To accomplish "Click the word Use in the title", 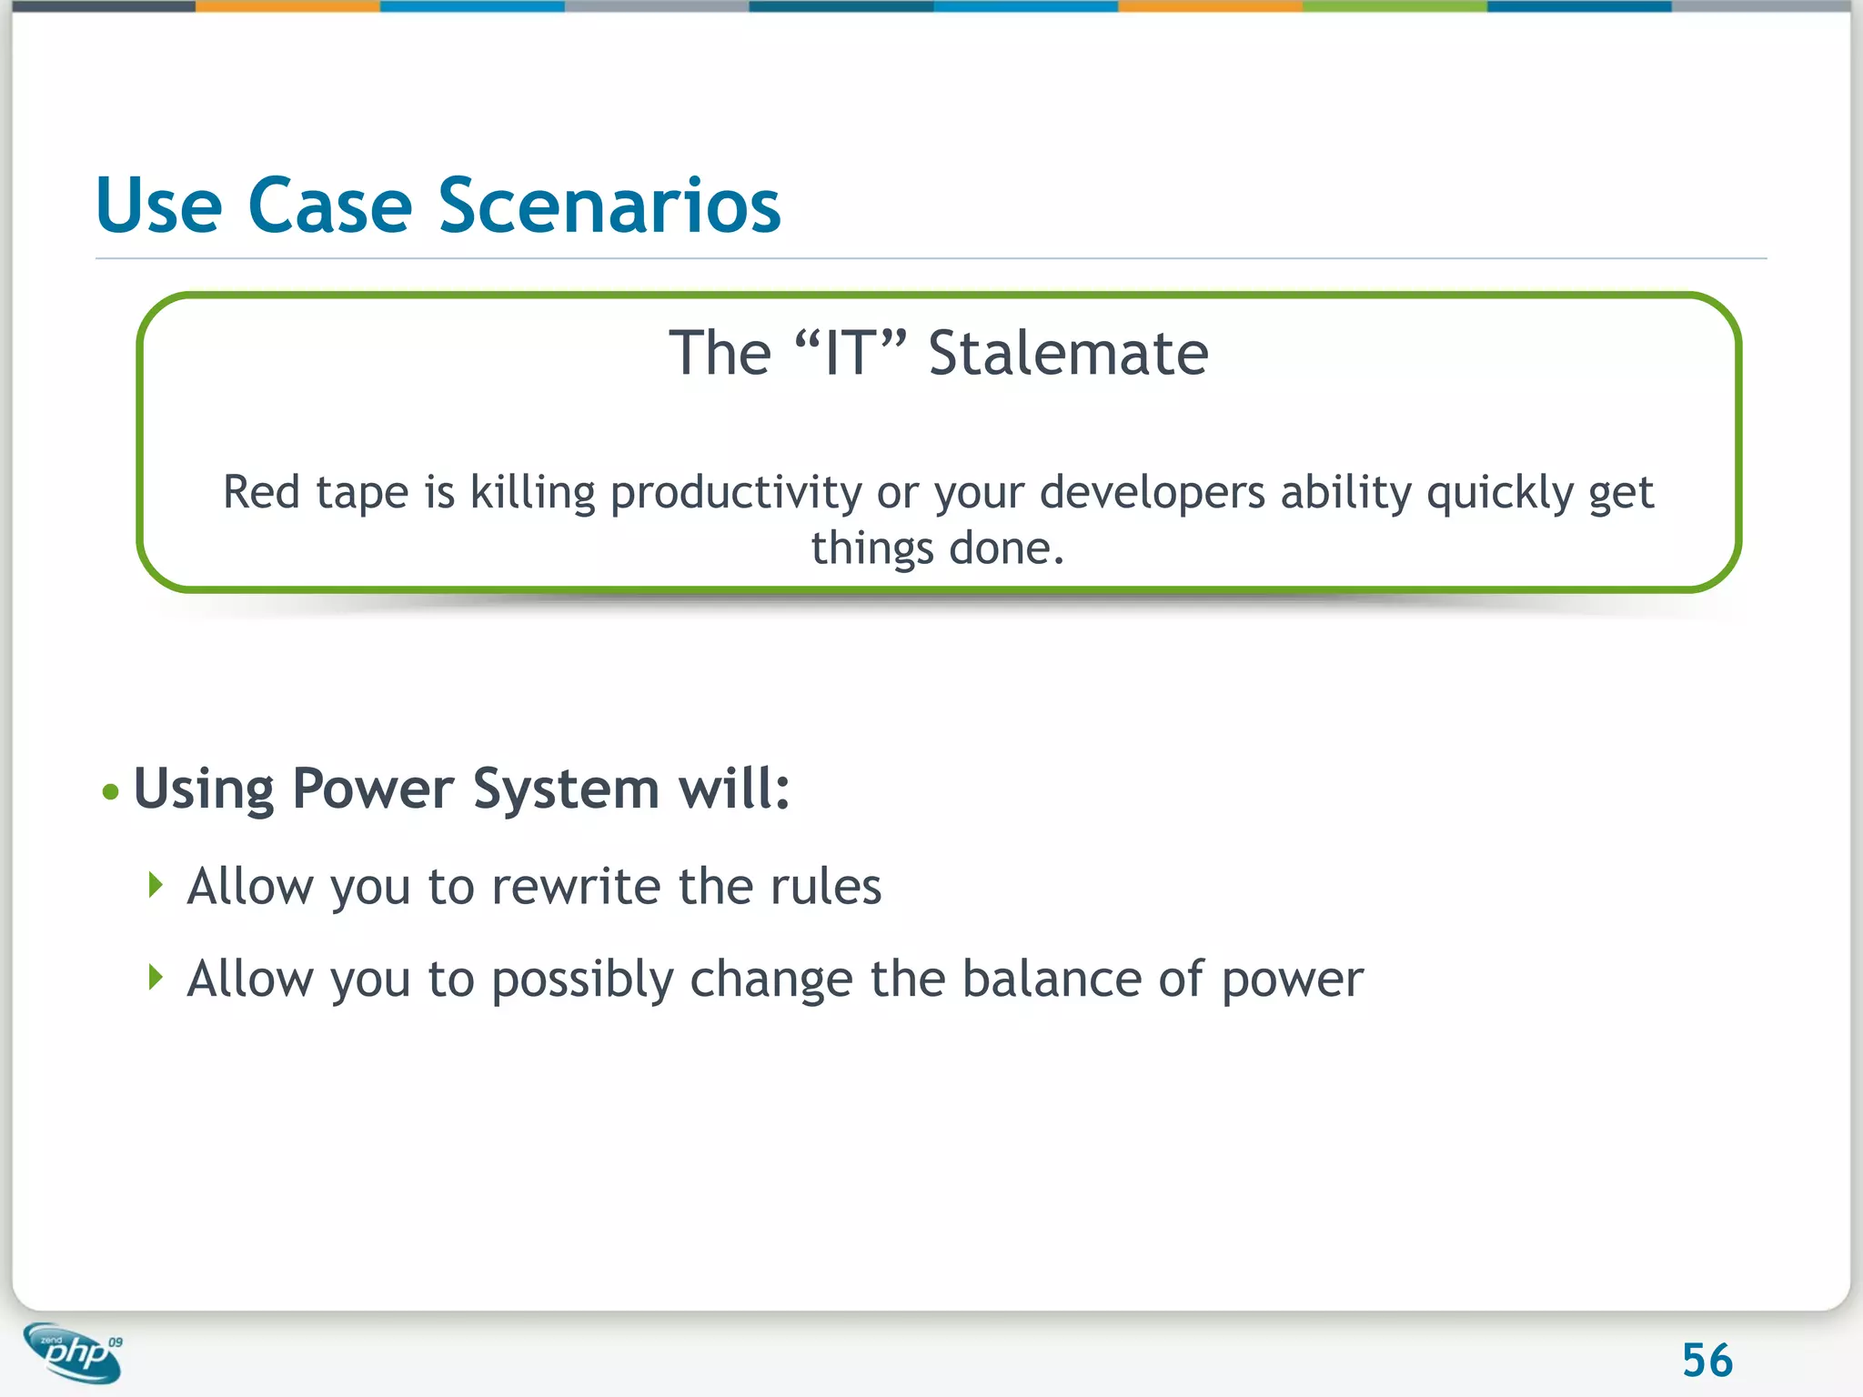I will coord(158,206).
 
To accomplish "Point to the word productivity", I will coord(735,494).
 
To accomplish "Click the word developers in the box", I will coord(1152,494).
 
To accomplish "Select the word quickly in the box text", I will coord(1499,494).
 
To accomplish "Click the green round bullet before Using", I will coord(111,791).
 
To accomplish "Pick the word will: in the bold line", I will coord(735,788).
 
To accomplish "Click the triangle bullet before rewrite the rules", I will coord(156,885).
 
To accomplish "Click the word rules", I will coord(825,886).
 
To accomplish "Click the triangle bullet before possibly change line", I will coord(156,978).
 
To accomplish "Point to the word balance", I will coord(1051,979).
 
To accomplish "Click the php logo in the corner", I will coord(73,1352).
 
